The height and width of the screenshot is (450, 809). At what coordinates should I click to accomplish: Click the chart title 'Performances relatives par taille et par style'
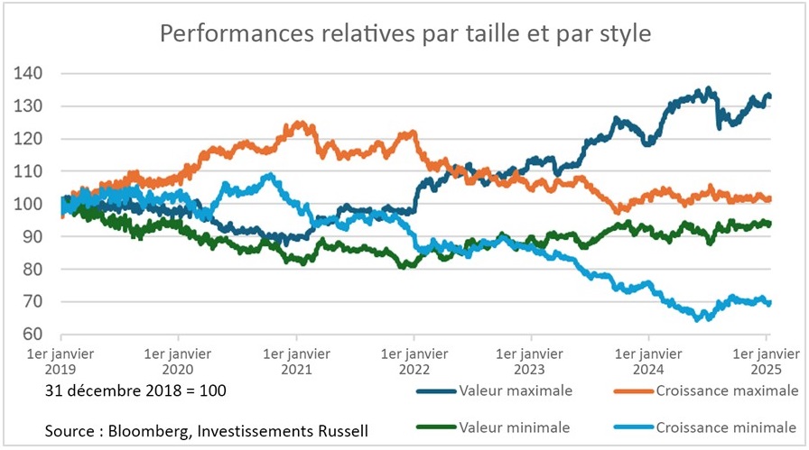coord(405,33)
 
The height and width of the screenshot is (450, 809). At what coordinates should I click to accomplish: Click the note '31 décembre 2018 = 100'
coord(135,391)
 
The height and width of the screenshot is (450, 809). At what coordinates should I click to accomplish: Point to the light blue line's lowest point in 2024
coord(697,319)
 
